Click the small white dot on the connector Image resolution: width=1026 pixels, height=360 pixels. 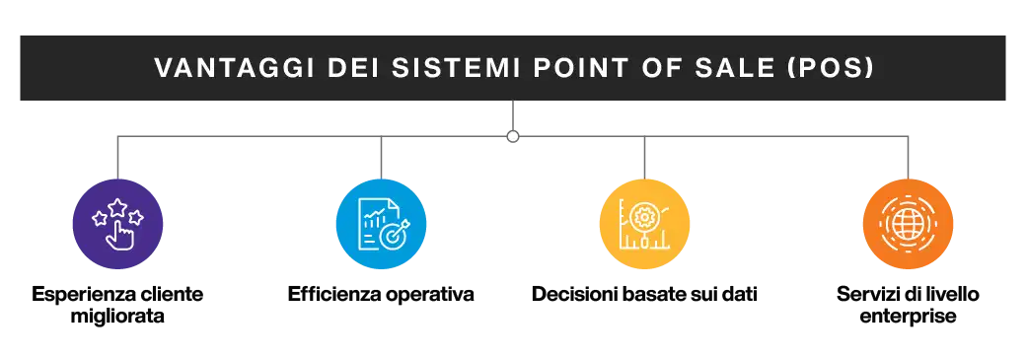(513, 135)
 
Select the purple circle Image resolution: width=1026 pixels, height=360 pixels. (118, 224)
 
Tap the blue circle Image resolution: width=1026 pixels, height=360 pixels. (381, 224)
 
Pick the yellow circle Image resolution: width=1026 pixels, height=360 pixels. (644, 224)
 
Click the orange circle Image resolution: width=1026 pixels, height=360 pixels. (907, 224)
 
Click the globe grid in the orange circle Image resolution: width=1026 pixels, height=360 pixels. (907, 224)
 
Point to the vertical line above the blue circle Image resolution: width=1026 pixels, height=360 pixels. (381, 160)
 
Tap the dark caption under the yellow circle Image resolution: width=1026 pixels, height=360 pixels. (642, 295)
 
